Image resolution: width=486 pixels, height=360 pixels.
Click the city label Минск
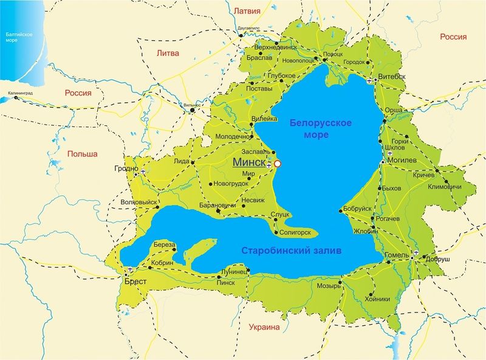pyautogui.click(x=248, y=163)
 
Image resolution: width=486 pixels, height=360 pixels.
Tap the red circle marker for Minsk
pyautogui.click(x=278, y=164)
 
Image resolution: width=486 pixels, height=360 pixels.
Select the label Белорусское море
pyautogui.click(x=320, y=128)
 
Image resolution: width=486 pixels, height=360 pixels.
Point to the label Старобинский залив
pyautogui.click(x=292, y=251)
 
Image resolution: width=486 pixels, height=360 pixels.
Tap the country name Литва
pyautogui.click(x=168, y=53)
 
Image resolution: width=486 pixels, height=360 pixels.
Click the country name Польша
pyautogui.click(x=83, y=154)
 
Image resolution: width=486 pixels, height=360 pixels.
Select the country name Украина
pyautogui.click(x=264, y=327)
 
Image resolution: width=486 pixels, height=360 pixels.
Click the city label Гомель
pyautogui.click(x=395, y=254)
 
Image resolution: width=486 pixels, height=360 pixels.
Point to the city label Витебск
pyautogui.click(x=392, y=77)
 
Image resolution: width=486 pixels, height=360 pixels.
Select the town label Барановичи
pyautogui.click(x=217, y=206)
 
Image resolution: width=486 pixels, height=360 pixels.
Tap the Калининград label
pyautogui.click(x=21, y=94)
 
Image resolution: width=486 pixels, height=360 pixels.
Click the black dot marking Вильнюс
pyautogui.click(x=192, y=110)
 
